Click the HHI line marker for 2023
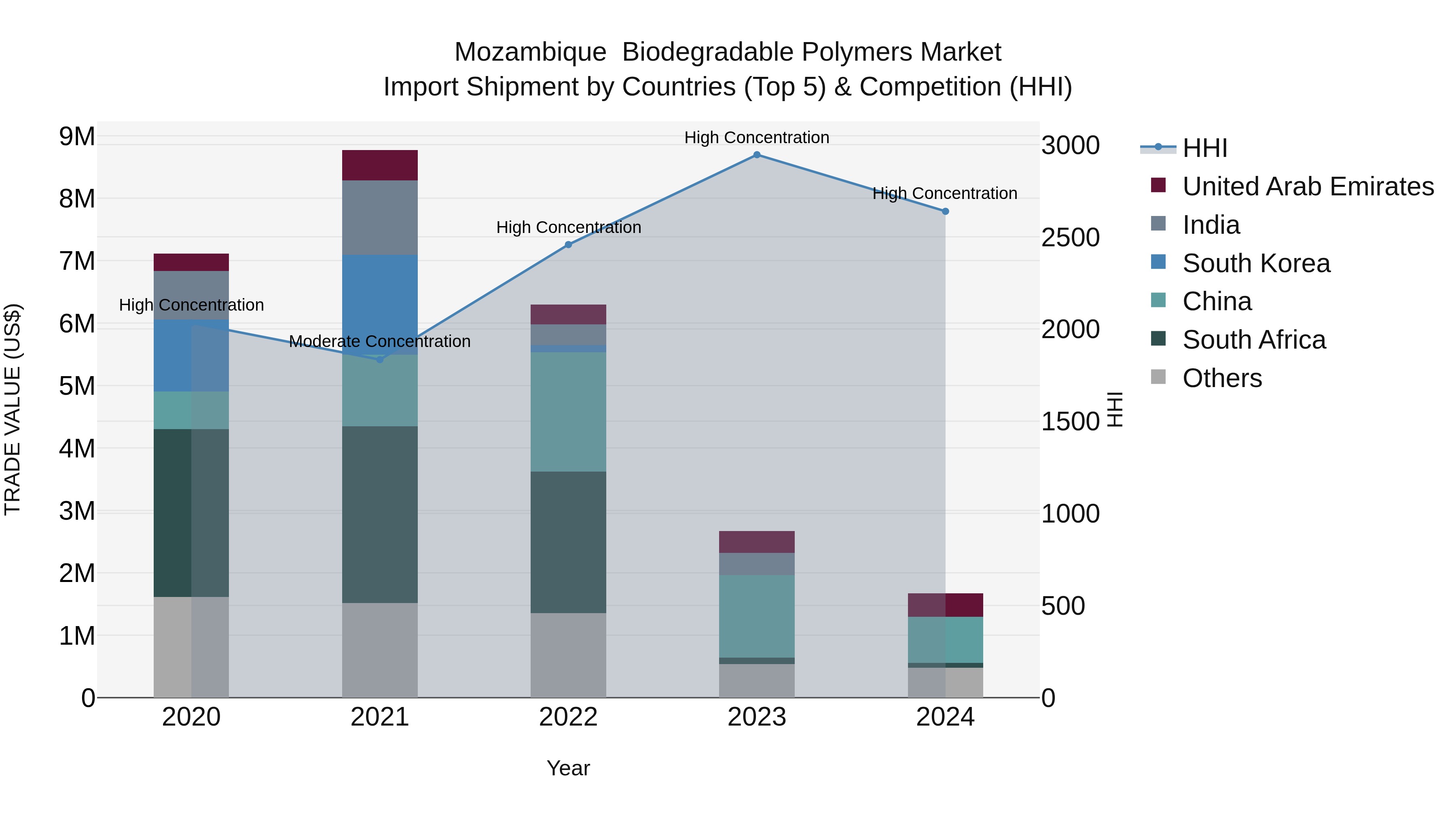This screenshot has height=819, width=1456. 757,155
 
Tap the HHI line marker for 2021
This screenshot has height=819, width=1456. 380,360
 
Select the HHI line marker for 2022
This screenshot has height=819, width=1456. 569,245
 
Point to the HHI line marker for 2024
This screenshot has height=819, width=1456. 945,212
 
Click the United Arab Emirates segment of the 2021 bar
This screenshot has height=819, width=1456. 380,165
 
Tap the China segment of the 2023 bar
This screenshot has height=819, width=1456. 757,616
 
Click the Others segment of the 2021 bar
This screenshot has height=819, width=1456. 380,650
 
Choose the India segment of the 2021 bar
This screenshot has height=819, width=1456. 380,218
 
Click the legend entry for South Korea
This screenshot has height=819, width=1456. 1256,263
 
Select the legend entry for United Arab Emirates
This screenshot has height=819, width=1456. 1308,186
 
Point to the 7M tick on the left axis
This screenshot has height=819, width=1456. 77,262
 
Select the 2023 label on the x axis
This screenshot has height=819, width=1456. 757,717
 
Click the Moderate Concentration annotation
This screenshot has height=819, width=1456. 380,341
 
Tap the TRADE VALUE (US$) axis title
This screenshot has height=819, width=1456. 13,410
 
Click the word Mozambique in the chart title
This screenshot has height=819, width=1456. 530,52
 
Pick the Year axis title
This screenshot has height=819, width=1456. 568,768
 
